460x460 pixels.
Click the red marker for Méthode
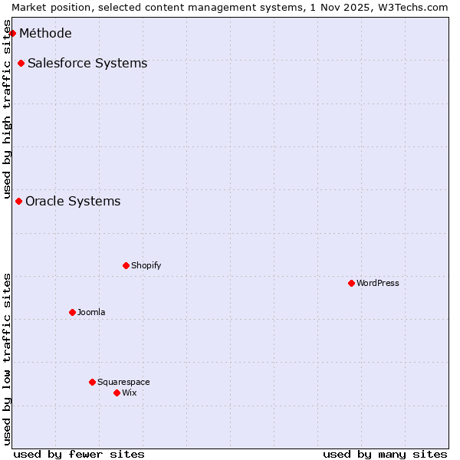click(12, 33)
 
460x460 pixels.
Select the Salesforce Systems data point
click(21, 63)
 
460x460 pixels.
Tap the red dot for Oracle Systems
click(18, 201)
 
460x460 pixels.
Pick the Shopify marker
click(126, 265)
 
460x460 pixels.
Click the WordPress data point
click(351, 283)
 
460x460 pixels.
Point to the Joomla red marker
click(72, 312)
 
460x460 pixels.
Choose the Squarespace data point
click(92, 382)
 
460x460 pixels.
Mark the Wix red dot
click(117, 393)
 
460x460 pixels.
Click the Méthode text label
click(45, 33)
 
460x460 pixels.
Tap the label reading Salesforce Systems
click(87, 63)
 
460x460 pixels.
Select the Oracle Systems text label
click(73, 201)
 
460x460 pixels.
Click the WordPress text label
click(378, 283)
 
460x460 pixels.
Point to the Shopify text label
click(146, 265)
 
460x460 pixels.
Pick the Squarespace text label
click(123, 382)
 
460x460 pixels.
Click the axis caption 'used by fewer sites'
click(79, 454)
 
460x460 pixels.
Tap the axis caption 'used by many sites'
click(385, 454)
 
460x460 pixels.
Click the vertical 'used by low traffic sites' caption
click(8, 359)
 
